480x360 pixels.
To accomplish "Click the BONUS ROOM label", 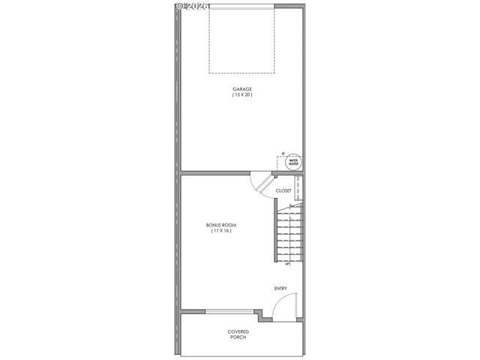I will [220, 225].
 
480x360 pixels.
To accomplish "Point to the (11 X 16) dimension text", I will [220, 231].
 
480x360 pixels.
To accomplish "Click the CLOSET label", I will [283, 190].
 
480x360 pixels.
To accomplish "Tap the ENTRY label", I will [280, 288].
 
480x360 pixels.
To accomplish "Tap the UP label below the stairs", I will [287, 264].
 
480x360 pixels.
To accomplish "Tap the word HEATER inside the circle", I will [293, 163].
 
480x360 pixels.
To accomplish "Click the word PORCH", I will [238, 337].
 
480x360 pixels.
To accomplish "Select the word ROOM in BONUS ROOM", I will [227, 225].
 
